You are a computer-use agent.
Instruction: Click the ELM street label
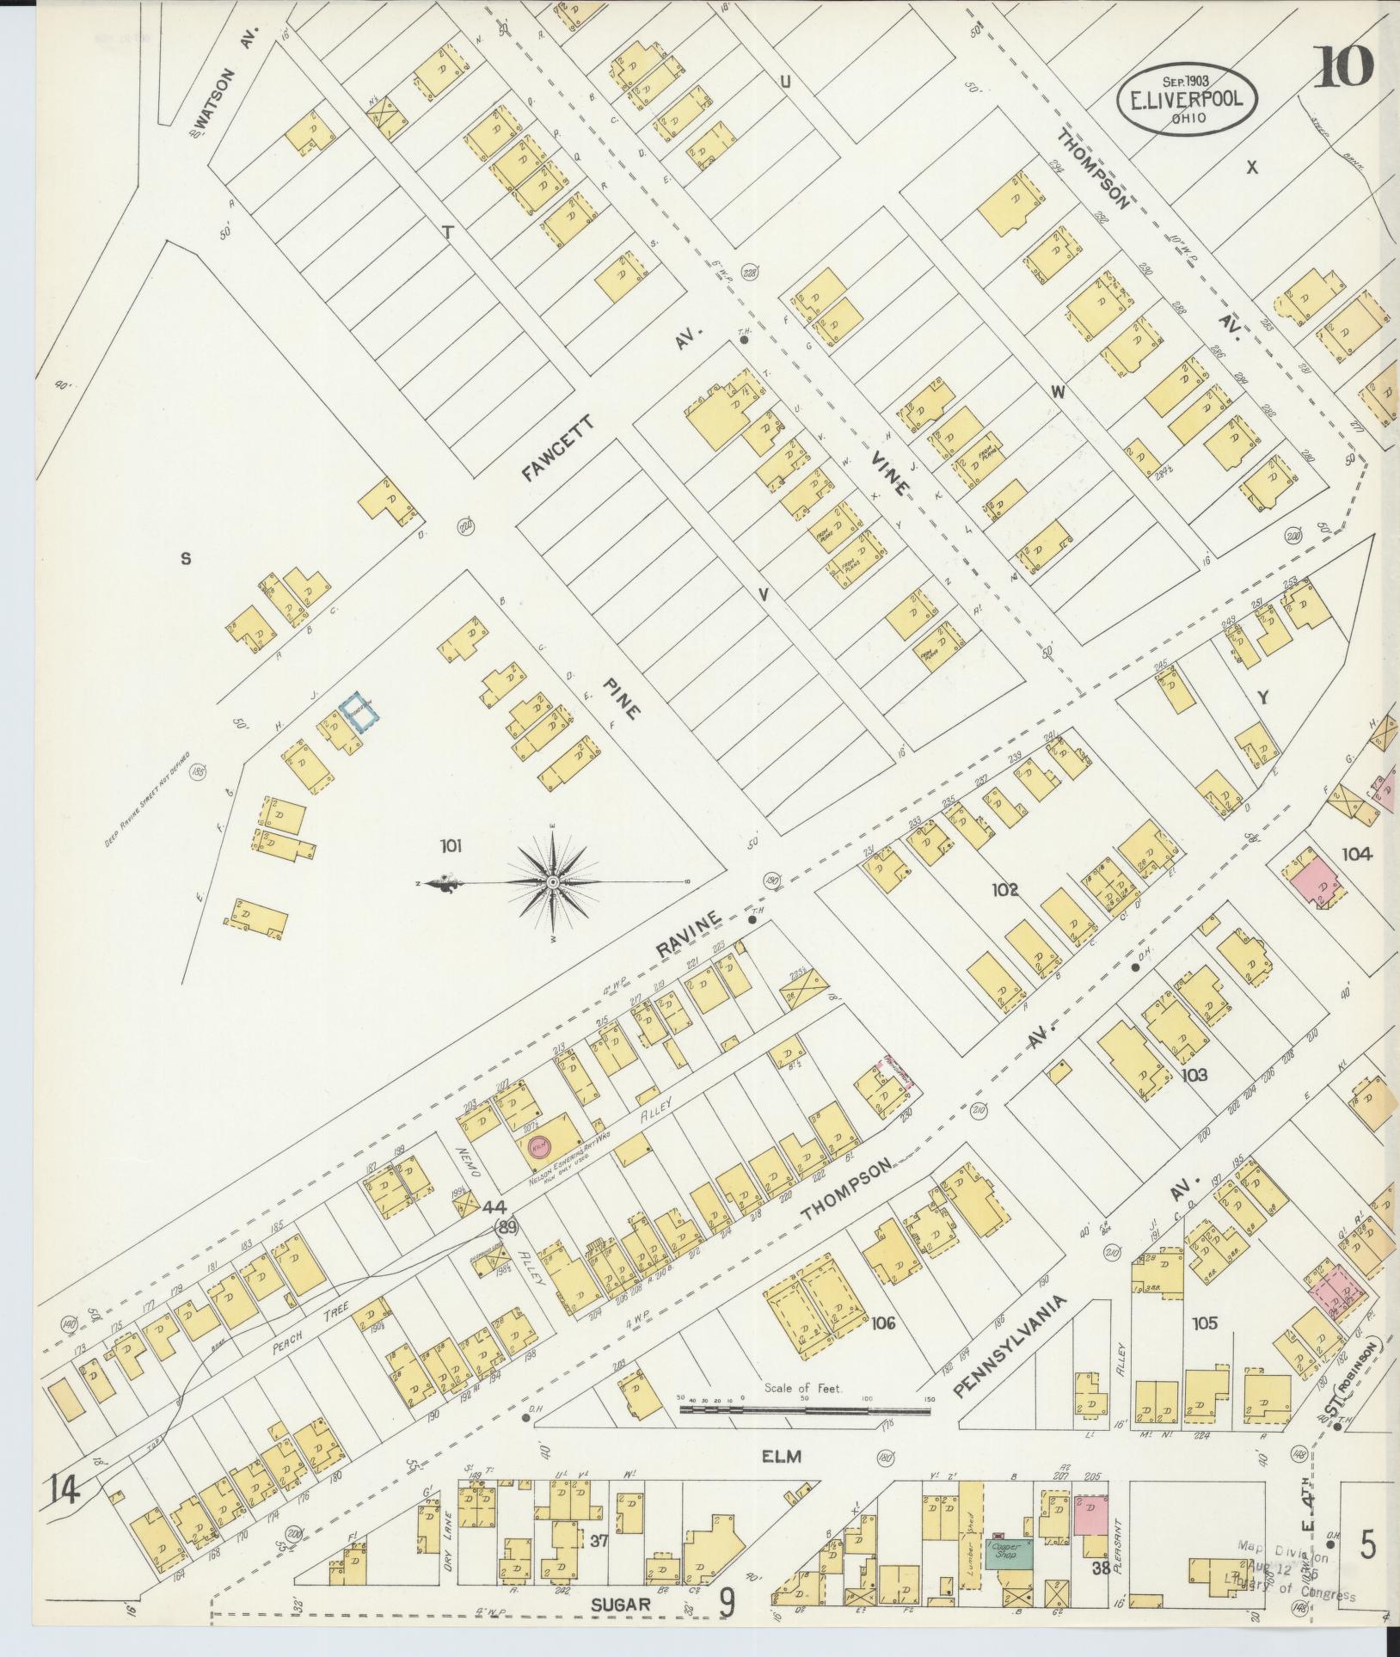tap(781, 1457)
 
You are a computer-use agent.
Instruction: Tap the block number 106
tap(882, 1323)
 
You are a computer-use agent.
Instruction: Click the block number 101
tap(451, 846)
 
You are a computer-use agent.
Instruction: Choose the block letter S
tap(185, 559)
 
